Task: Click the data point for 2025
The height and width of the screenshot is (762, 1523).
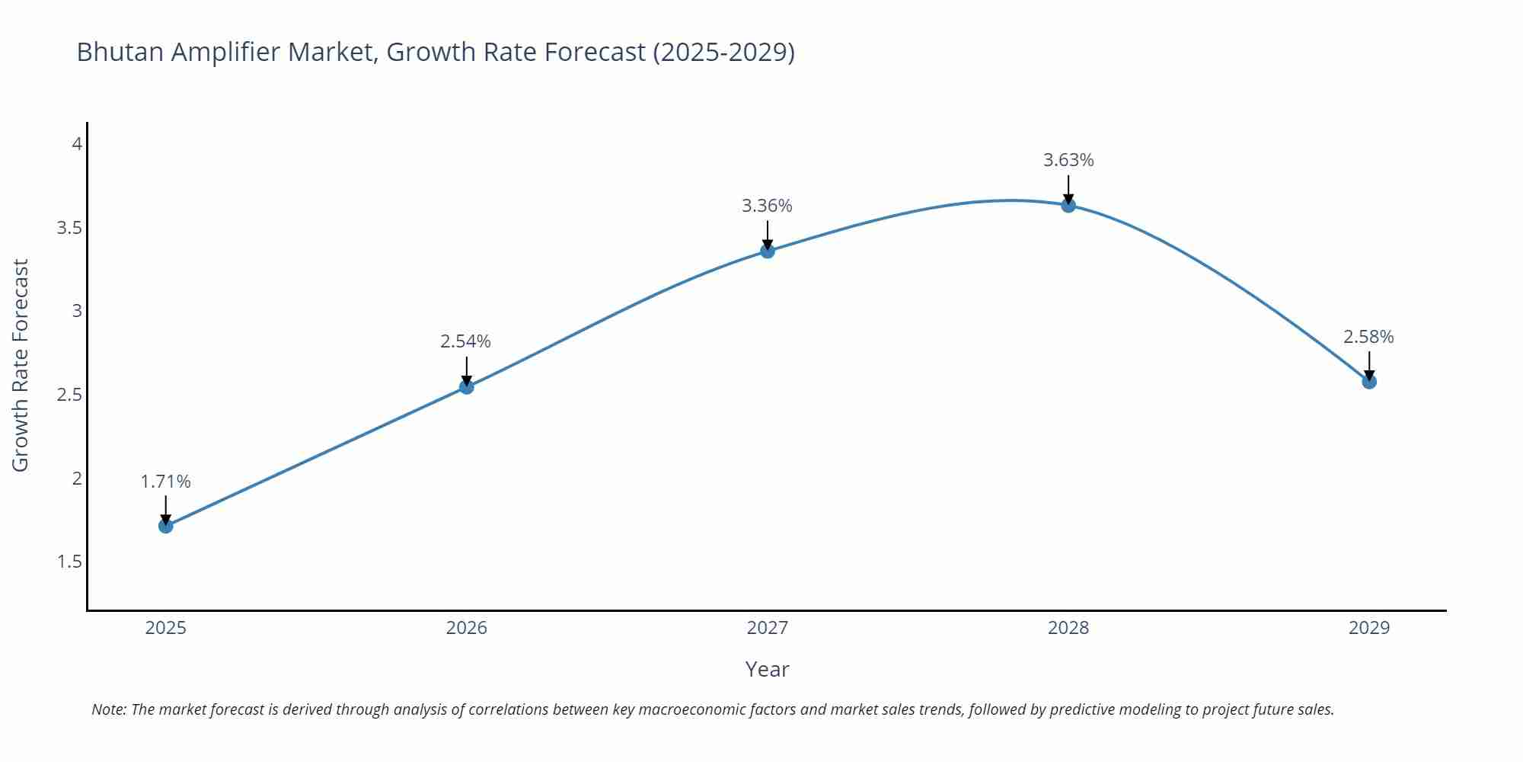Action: point(166,526)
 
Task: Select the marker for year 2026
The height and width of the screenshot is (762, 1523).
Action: point(467,387)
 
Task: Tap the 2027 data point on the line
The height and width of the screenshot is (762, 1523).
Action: point(768,251)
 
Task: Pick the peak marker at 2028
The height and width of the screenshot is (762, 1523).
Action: point(1068,205)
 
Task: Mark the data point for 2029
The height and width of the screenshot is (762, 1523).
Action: point(1369,381)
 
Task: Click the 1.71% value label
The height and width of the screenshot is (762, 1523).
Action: point(166,482)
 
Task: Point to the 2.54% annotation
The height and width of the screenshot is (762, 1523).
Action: point(466,341)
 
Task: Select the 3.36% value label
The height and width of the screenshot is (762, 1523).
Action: point(767,206)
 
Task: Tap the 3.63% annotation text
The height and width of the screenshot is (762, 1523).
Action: point(1068,160)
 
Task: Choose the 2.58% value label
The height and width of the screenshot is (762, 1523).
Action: point(1368,337)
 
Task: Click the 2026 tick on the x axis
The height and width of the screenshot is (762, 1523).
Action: point(467,628)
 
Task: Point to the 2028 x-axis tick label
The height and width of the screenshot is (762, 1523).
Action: point(1068,628)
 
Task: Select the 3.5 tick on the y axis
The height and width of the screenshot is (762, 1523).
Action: point(69,228)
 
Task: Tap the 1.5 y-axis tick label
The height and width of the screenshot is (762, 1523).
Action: point(69,562)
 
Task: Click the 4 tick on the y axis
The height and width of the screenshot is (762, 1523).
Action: point(77,143)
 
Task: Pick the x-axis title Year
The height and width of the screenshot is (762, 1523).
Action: point(767,669)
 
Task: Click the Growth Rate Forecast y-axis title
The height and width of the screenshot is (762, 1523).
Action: point(21,365)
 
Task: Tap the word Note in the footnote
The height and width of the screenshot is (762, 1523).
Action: point(109,709)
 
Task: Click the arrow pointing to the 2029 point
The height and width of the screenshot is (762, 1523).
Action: point(1369,366)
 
